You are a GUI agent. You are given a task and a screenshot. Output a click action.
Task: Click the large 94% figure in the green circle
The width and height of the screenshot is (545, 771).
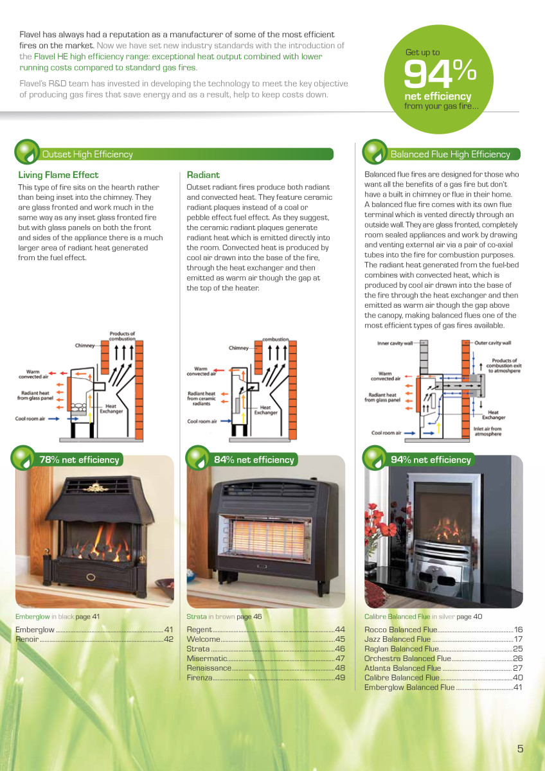point(440,73)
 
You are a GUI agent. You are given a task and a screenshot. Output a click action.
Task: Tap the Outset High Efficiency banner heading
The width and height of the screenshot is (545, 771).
point(87,154)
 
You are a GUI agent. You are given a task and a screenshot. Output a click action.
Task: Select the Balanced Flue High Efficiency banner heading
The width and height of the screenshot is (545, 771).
point(450,154)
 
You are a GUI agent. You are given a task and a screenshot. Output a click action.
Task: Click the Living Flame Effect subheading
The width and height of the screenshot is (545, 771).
point(58,175)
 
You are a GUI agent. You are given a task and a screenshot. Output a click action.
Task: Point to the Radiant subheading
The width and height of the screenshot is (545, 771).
point(203,175)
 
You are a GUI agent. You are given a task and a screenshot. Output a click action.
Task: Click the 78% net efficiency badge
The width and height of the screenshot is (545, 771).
point(67,459)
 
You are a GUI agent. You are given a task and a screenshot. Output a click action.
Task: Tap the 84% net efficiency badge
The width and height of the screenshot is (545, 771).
point(242,459)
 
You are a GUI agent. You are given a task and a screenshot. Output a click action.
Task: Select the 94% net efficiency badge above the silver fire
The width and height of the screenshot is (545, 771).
point(418,459)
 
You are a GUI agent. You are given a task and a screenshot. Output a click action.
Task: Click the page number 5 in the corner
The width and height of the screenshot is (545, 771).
point(520,749)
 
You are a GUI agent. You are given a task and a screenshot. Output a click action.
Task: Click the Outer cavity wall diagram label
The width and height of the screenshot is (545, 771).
point(493,343)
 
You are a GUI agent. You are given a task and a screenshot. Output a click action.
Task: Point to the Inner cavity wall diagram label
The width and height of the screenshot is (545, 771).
point(395,343)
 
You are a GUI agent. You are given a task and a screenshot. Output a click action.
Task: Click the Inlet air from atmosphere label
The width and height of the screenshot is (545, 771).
point(488,431)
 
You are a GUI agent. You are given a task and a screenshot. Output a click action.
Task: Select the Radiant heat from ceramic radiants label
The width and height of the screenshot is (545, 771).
point(201,398)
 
